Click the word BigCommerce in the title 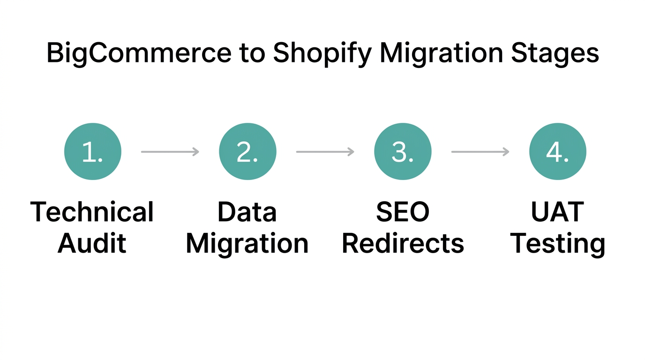point(139,53)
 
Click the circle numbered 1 point(93,151)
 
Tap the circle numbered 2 point(247,151)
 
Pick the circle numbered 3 point(403,151)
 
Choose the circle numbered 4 point(557,151)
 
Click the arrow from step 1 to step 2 point(170,151)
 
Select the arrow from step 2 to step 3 point(325,151)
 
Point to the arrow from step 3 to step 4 point(480,151)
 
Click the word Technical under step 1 point(92,212)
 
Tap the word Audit point(92,244)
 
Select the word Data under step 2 point(247,212)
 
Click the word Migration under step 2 point(247,244)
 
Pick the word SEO point(403,212)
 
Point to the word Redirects point(403,244)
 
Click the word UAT point(557,212)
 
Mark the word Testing point(557,244)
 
